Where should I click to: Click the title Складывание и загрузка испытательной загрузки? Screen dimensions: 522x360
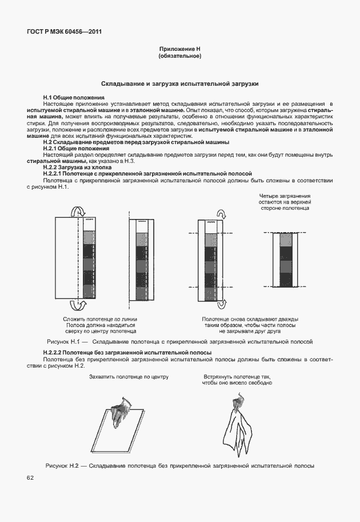[x=180, y=83]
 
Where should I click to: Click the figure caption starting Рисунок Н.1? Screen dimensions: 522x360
[x=179, y=341]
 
